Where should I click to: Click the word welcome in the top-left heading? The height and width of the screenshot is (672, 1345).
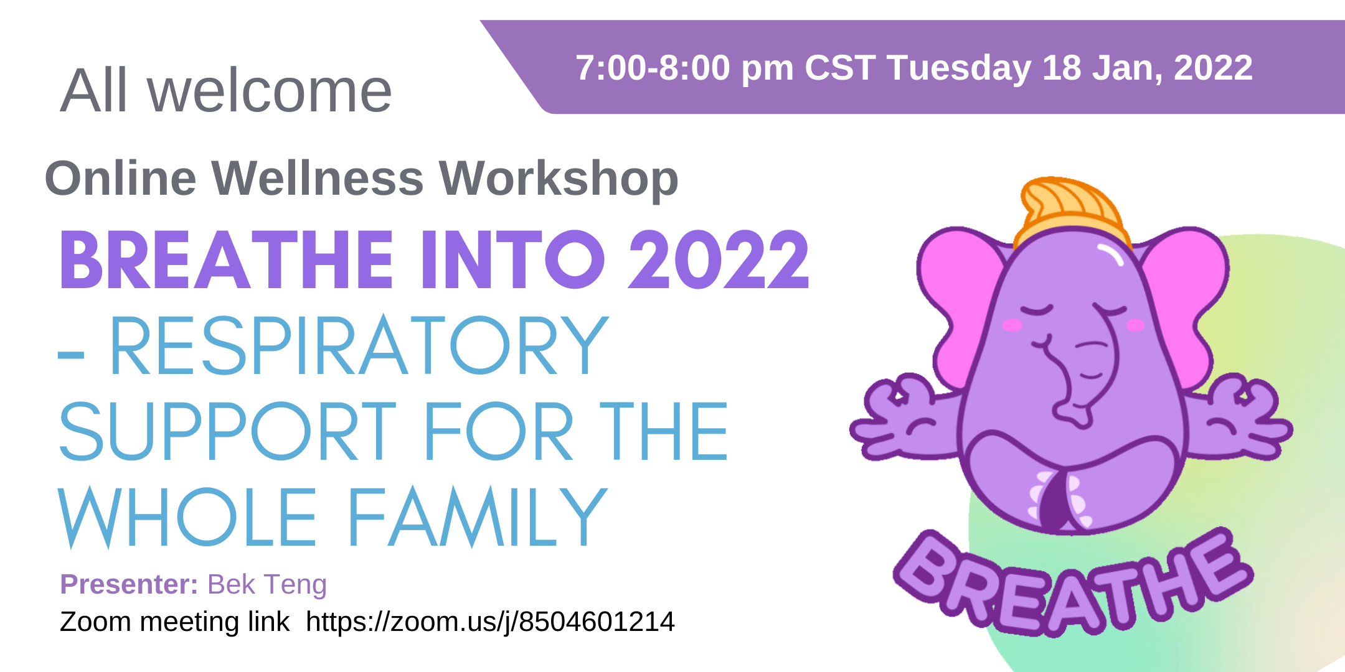click(270, 91)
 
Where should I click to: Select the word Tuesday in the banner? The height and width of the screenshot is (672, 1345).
click(959, 68)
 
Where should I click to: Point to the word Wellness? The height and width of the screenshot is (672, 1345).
click(318, 178)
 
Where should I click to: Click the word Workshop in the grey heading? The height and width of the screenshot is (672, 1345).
click(559, 179)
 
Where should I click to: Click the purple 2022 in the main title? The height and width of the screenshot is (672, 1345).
click(719, 260)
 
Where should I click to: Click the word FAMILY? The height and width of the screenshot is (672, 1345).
click(476, 517)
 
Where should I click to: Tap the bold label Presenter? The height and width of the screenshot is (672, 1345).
click(129, 584)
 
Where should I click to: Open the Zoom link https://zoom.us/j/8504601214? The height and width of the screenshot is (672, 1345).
click(490, 622)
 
